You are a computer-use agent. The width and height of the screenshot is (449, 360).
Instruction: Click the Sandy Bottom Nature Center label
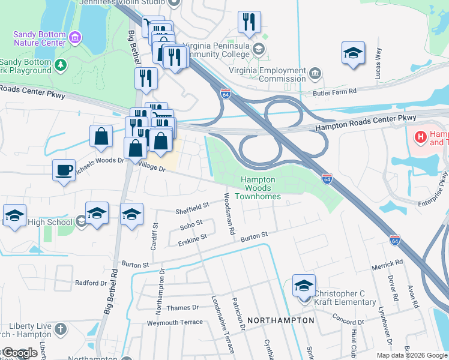(40, 38)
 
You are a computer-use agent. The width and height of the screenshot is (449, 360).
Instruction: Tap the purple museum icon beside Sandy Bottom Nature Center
(75, 38)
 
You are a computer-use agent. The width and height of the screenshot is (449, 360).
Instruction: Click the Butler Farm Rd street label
(336, 91)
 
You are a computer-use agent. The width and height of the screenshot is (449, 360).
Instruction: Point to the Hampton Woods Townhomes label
(258, 188)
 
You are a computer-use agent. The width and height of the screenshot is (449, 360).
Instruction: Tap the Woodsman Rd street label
(228, 214)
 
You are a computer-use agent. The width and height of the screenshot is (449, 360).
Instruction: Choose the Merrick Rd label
(387, 263)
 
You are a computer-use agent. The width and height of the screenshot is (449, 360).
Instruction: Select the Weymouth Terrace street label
(175, 322)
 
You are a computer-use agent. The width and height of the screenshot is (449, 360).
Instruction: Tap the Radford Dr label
(90, 283)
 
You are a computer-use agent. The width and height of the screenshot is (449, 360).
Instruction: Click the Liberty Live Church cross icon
(60, 329)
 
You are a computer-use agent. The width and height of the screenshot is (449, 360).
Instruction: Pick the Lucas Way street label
(378, 62)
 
